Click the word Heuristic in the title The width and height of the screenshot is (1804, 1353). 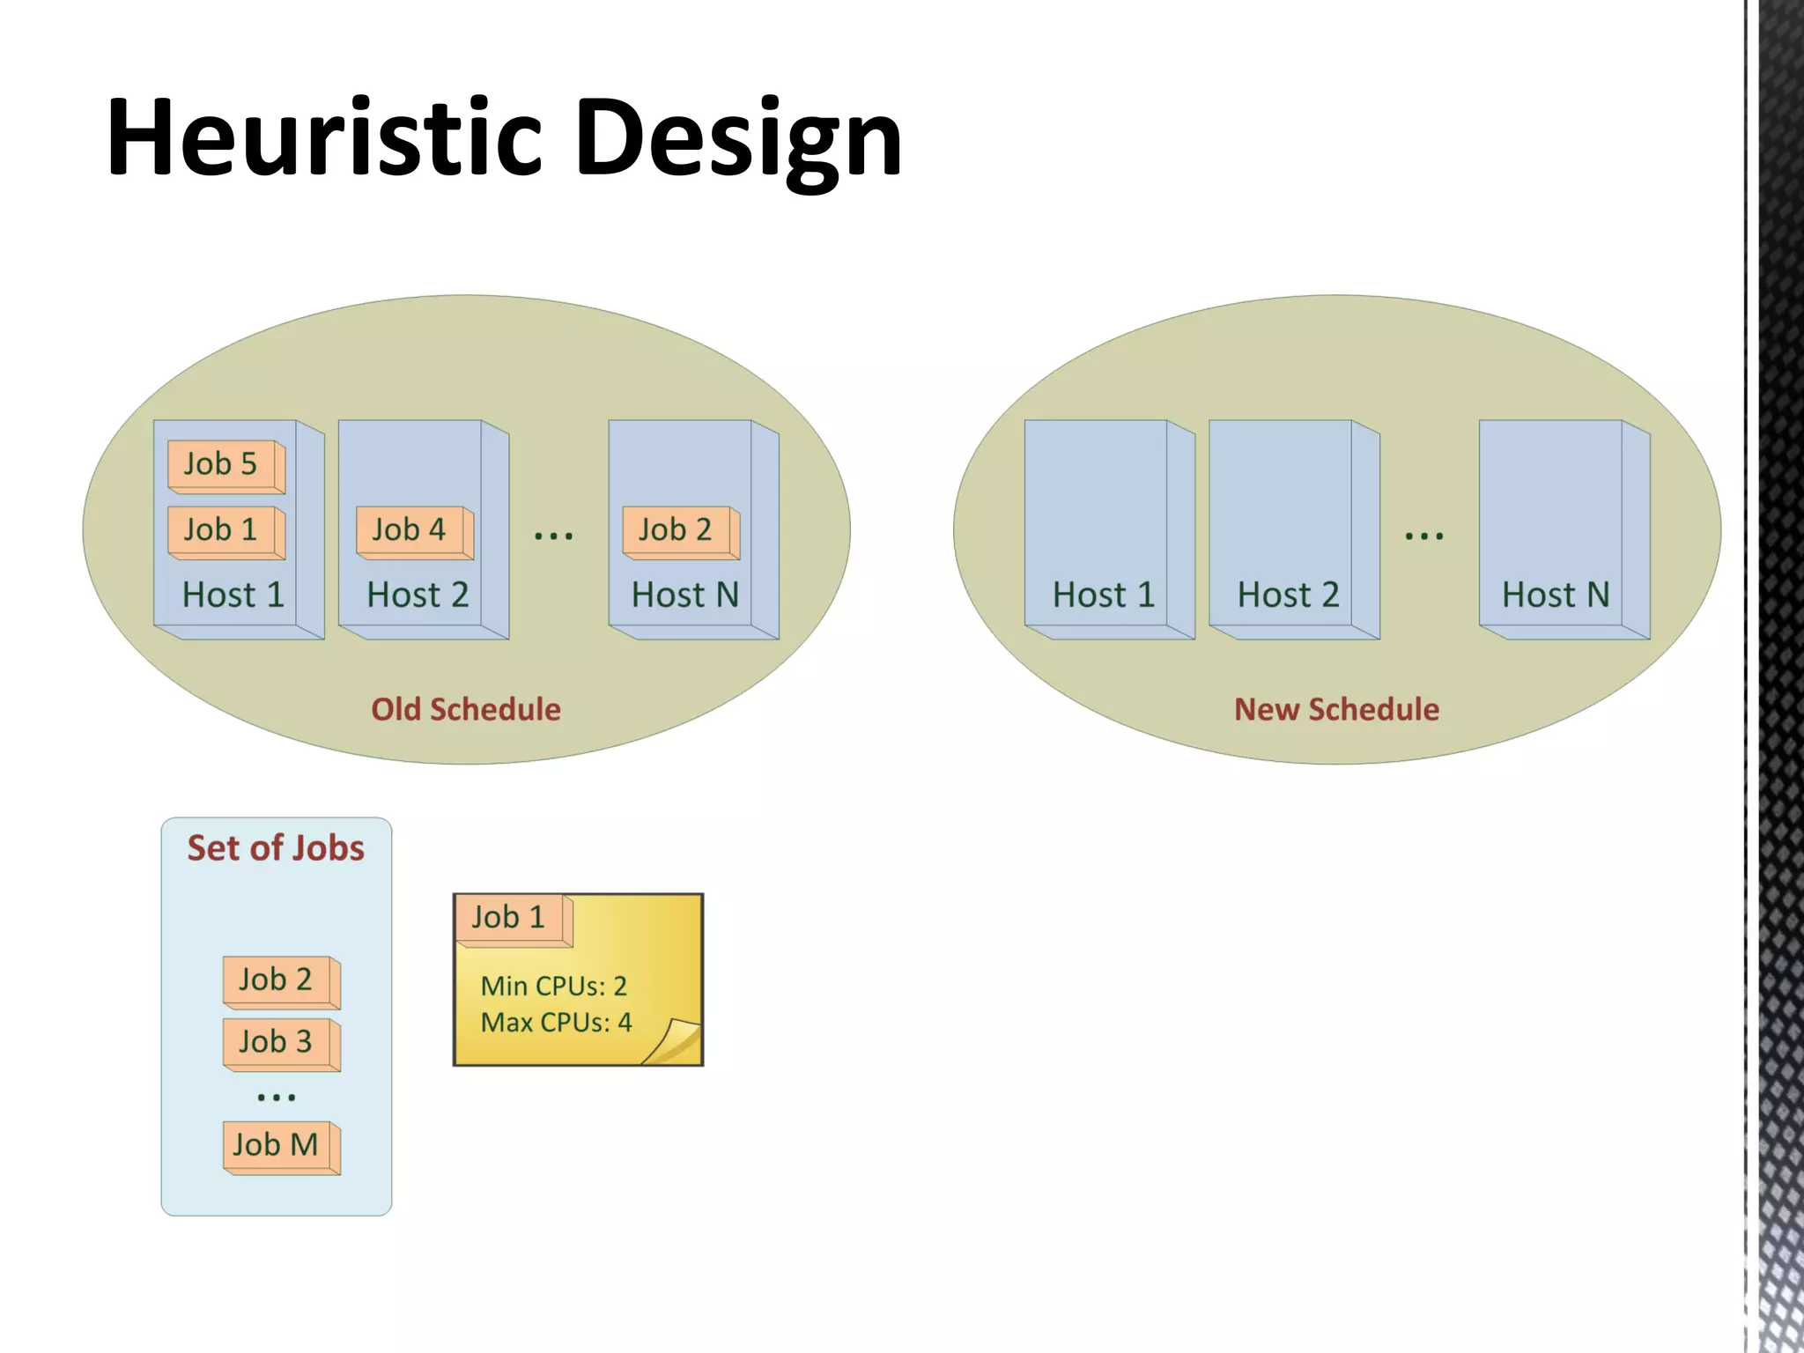tap(324, 138)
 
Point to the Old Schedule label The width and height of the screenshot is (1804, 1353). tap(465, 709)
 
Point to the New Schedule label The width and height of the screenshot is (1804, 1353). tap(1336, 709)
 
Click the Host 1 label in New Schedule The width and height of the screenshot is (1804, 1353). tap(1103, 595)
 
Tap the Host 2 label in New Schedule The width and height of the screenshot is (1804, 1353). tap(1288, 595)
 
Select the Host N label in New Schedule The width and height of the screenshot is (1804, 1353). tap(1556, 595)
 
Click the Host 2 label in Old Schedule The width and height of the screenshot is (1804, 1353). tap(418, 595)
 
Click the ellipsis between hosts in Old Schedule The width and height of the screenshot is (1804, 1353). tap(554, 535)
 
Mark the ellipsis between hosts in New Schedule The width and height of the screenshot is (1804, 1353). tap(1424, 535)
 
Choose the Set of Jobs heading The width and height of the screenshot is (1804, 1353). tap(276, 848)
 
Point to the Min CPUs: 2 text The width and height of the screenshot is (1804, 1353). tap(553, 986)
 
